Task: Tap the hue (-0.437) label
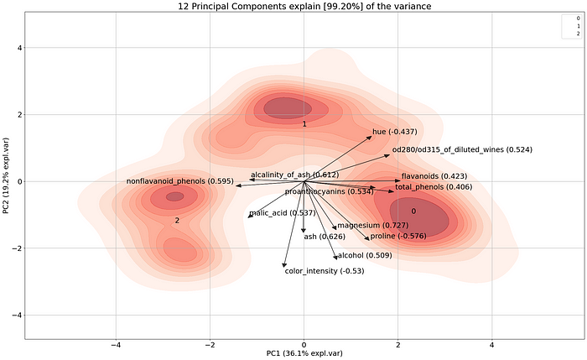395,132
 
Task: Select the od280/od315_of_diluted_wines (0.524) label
461,149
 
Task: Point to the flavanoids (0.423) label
434,176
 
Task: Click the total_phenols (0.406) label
434,186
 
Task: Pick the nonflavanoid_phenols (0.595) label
179,181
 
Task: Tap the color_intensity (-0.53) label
323,271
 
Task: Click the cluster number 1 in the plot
304,124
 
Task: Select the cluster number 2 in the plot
177,221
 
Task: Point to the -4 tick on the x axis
117,344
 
